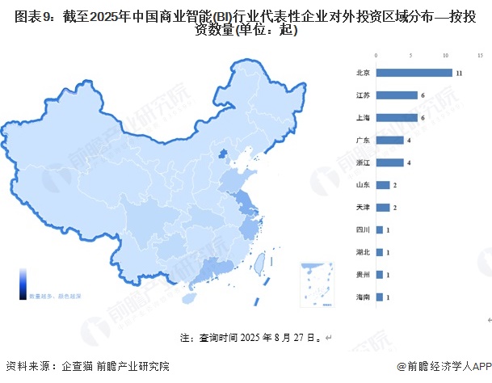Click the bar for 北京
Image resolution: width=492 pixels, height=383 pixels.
point(414,73)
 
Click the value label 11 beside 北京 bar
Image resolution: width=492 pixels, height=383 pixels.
point(458,73)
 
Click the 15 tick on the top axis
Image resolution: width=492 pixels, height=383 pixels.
point(481,55)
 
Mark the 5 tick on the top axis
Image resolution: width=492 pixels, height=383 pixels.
point(411,55)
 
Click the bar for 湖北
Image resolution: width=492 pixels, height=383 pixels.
point(380,252)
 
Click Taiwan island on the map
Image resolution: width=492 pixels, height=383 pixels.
point(260,263)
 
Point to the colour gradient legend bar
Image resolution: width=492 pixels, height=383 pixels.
point(23,283)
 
